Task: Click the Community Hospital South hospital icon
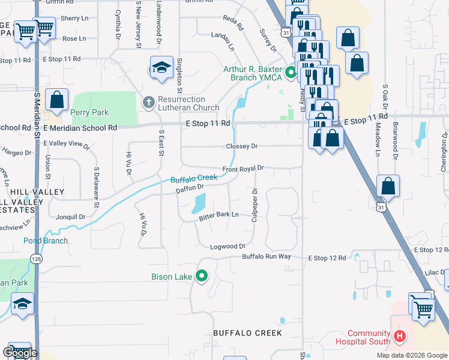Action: click(x=400, y=337)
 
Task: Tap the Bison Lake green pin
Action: click(x=202, y=277)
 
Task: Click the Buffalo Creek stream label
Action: click(x=194, y=178)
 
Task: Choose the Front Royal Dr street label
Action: click(x=243, y=169)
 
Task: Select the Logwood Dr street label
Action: click(x=228, y=247)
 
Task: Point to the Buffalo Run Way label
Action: click(x=266, y=257)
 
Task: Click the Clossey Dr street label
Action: click(x=241, y=146)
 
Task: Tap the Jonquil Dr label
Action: click(x=70, y=217)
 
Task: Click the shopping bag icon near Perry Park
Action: click(x=57, y=100)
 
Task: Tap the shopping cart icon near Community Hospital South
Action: click(x=423, y=308)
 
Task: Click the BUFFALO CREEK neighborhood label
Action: click(x=247, y=332)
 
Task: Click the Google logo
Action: click(x=20, y=353)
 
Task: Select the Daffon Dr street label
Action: click(x=190, y=189)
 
